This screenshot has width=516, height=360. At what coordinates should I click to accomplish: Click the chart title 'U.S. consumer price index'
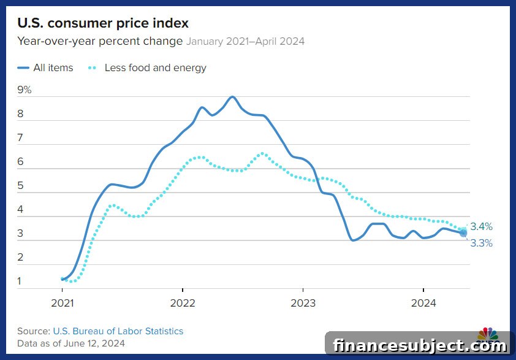103,23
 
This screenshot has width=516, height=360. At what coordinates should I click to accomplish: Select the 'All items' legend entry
45,68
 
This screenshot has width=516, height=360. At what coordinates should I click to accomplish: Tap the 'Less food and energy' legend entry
147,68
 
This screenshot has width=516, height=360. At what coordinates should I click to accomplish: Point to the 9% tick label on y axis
24,90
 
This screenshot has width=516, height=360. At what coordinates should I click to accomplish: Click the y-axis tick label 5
20,185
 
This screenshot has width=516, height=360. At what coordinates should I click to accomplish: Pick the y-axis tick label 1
20,281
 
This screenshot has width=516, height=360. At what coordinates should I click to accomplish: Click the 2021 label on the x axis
62,303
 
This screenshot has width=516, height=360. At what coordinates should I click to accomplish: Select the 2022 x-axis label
183,303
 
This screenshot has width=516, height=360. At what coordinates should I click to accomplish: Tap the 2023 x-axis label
303,303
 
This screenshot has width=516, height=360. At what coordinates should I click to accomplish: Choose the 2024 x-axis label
423,303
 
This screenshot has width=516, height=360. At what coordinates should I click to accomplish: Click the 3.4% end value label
481,226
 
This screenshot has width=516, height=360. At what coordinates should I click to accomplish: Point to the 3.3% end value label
481,243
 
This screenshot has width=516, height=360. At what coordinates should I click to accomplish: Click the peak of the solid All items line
232,97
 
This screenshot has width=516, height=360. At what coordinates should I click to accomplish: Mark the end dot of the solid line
463,233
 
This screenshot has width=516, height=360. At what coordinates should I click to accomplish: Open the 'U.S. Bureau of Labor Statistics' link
118,331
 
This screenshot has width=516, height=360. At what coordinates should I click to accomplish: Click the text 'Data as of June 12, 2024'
71,343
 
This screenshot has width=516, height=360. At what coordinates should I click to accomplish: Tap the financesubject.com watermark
420,346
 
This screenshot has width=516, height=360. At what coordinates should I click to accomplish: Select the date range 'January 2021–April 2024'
246,42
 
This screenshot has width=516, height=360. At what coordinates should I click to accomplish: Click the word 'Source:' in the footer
34,331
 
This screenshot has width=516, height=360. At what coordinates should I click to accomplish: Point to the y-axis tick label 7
20,137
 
